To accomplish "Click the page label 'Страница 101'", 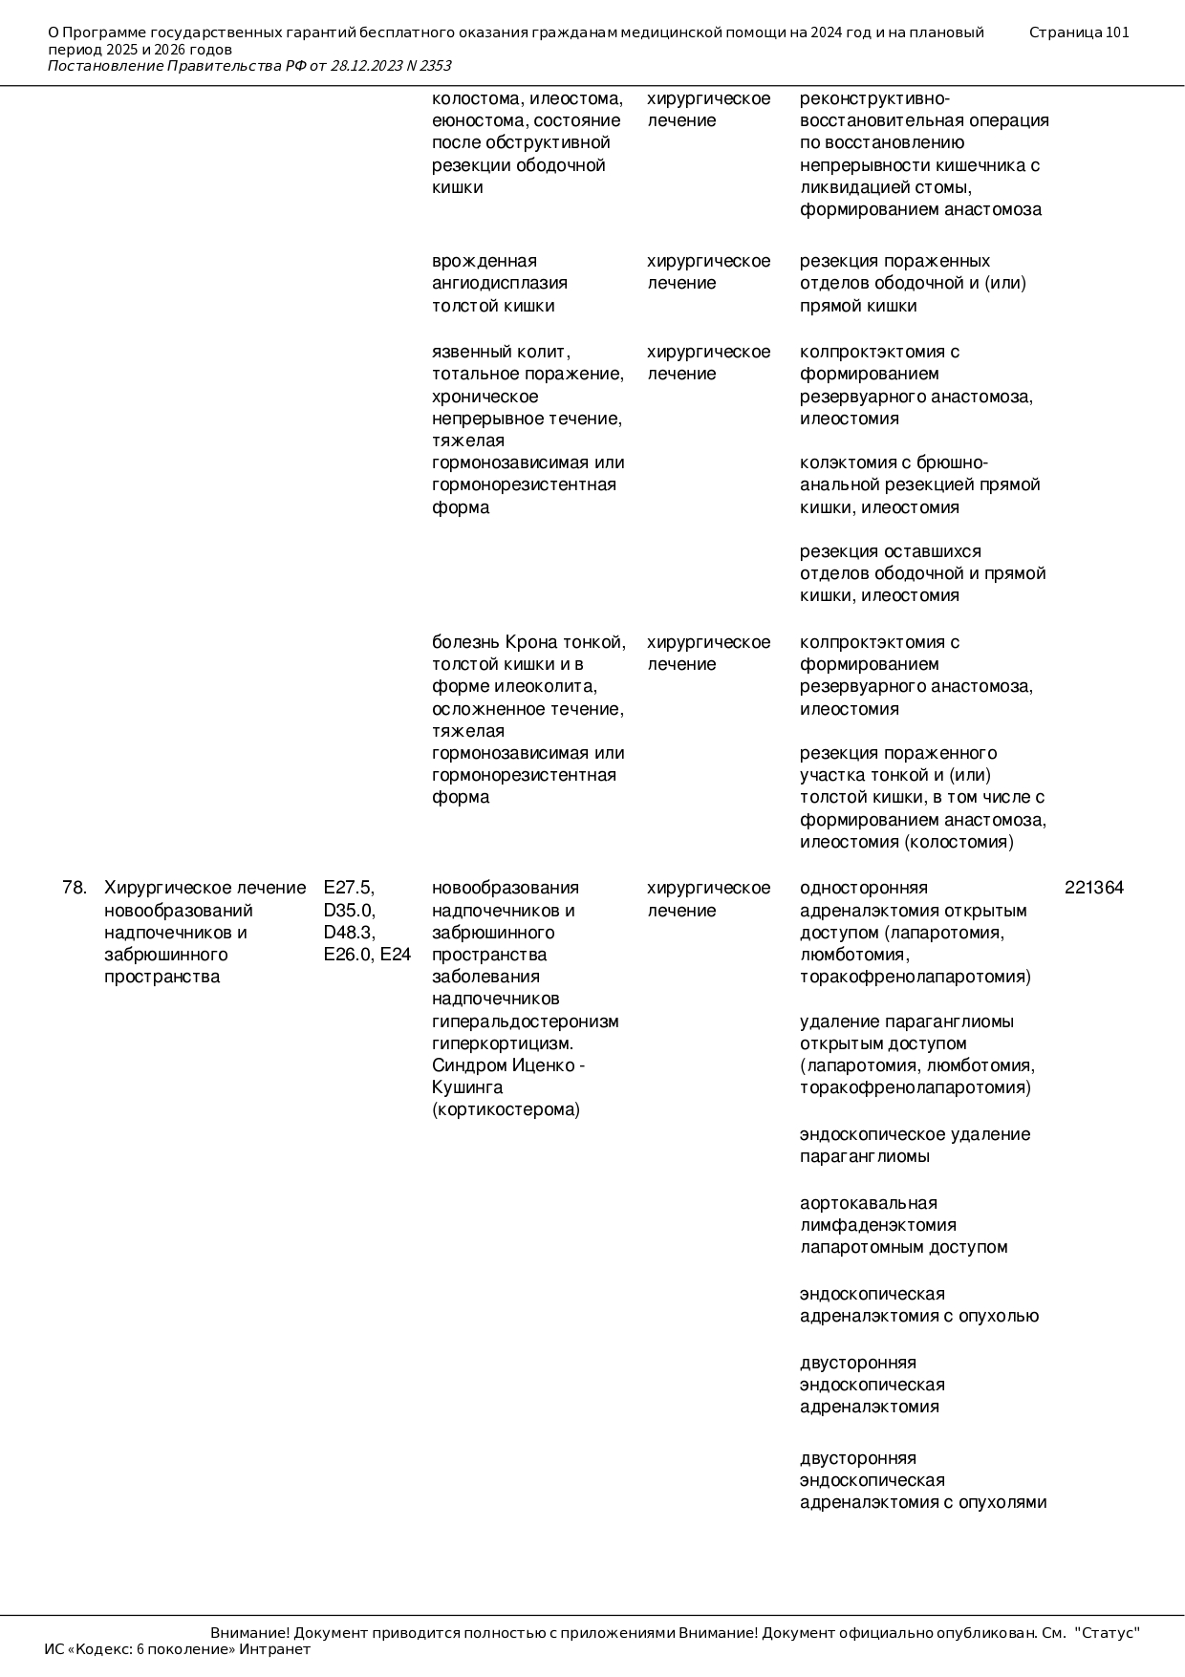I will pos(1079,32).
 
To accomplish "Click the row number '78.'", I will pos(74,888).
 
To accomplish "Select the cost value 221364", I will pos(1094,888).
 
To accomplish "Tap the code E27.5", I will pos(349,888).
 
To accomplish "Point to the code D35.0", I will pos(349,910).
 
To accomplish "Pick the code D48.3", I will pos(349,932).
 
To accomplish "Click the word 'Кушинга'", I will pos(467,1087).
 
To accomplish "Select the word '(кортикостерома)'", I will pos(506,1109).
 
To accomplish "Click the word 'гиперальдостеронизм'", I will pos(525,1021).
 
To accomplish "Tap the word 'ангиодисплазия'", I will pos(500,283).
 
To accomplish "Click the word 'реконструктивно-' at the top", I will pos(874,98).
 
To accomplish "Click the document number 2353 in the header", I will pos(435,66).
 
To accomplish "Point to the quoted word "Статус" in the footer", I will pos(1108,1633).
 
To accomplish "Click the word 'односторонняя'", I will pos(863,888).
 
